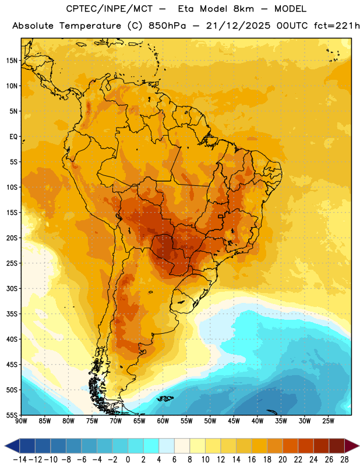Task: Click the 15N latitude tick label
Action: point(12,61)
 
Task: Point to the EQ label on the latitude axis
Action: point(13,137)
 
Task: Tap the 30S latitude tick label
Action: point(12,288)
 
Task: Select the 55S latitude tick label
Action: point(12,415)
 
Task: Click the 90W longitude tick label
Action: point(21,421)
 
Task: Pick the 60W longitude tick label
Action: point(163,421)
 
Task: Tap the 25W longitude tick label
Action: point(328,421)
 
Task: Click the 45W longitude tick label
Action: point(234,421)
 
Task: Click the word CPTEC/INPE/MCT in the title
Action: point(109,9)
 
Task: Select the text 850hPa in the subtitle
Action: point(167,26)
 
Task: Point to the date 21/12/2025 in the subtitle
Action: point(238,26)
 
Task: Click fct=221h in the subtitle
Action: point(336,26)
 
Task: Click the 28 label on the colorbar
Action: point(344,460)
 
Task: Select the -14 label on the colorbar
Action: point(20,460)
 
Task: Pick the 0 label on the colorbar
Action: point(128,460)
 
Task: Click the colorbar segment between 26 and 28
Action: point(337,446)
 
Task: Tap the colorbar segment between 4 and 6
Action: point(167,446)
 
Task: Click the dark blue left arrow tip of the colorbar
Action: point(5,446)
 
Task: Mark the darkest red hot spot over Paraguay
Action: point(163,246)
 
